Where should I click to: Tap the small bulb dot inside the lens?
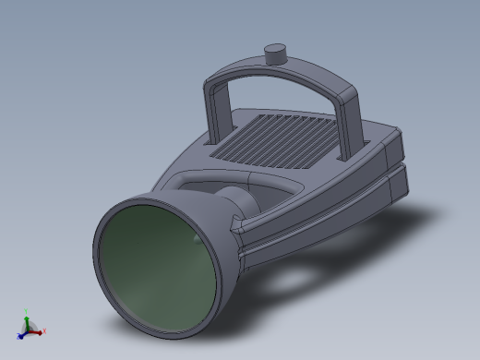(x=195, y=238)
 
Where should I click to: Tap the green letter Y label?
(x=27, y=313)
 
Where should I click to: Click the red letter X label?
(x=43, y=330)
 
